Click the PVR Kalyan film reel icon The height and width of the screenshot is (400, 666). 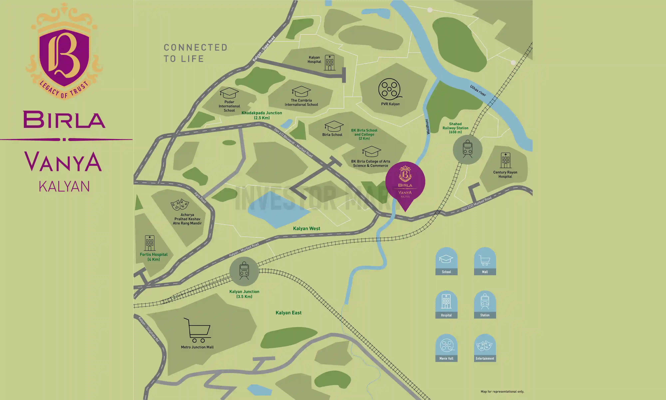click(x=389, y=89)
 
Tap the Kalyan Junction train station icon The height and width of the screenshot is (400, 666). click(x=244, y=271)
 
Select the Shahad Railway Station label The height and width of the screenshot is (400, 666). click(x=455, y=128)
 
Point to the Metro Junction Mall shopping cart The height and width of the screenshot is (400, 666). click(x=198, y=330)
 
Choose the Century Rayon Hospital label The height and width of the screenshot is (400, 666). click(x=505, y=174)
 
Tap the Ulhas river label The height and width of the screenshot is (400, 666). click(x=478, y=90)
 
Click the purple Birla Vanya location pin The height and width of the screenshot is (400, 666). click(x=405, y=183)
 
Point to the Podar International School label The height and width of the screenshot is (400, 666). click(x=229, y=106)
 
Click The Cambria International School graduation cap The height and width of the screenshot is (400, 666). click(x=301, y=91)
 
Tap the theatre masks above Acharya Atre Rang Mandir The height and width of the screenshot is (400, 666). click(x=180, y=204)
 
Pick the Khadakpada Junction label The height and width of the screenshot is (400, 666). click(x=262, y=115)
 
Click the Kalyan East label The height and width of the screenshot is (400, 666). click(x=288, y=313)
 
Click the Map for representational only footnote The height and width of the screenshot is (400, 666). click(x=502, y=391)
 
